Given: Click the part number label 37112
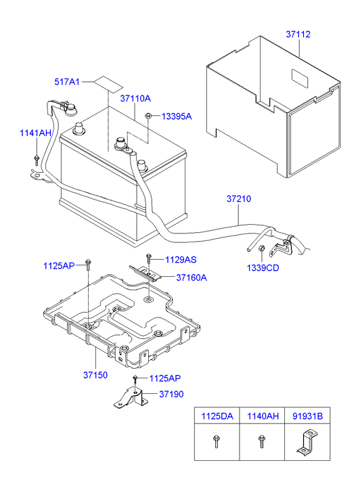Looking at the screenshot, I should [x=298, y=35].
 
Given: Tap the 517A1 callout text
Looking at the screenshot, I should [x=67, y=82].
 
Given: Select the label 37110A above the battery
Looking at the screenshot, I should [x=135, y=99].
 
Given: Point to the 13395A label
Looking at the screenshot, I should [x=177, y=116].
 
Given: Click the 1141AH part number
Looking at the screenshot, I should [x=36, y=134].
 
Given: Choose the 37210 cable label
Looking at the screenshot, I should [x=238, y=199].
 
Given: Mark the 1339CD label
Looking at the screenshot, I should [x=263, y=267].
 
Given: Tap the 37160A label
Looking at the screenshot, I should [x=192, y=277].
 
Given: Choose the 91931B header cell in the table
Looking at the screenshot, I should [x=307, y=418].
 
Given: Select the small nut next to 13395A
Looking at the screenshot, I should [x=148, y=116].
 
